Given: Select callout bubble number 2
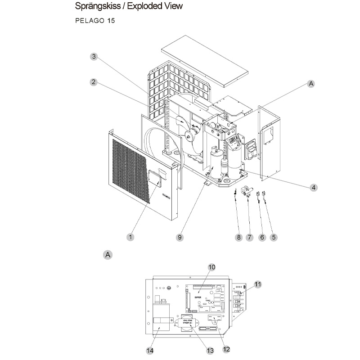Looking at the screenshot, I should tap(94, 82).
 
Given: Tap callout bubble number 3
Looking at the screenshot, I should tap(94, 57).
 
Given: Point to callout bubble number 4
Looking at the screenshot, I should tap(313, 187).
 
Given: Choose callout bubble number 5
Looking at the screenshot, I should tap(273, 237).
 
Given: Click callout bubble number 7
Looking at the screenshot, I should tap(250, 237).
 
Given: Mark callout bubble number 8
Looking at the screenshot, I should tap(239, 237).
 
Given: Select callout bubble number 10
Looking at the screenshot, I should tap(211, 267).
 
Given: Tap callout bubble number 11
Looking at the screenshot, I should tap(257, 284).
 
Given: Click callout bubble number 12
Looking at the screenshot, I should tap(226, 349).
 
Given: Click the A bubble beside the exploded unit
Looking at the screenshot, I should tap(311, 83).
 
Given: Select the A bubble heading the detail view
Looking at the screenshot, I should tap(108, 255).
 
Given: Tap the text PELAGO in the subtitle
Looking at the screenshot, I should tap(86, 22).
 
